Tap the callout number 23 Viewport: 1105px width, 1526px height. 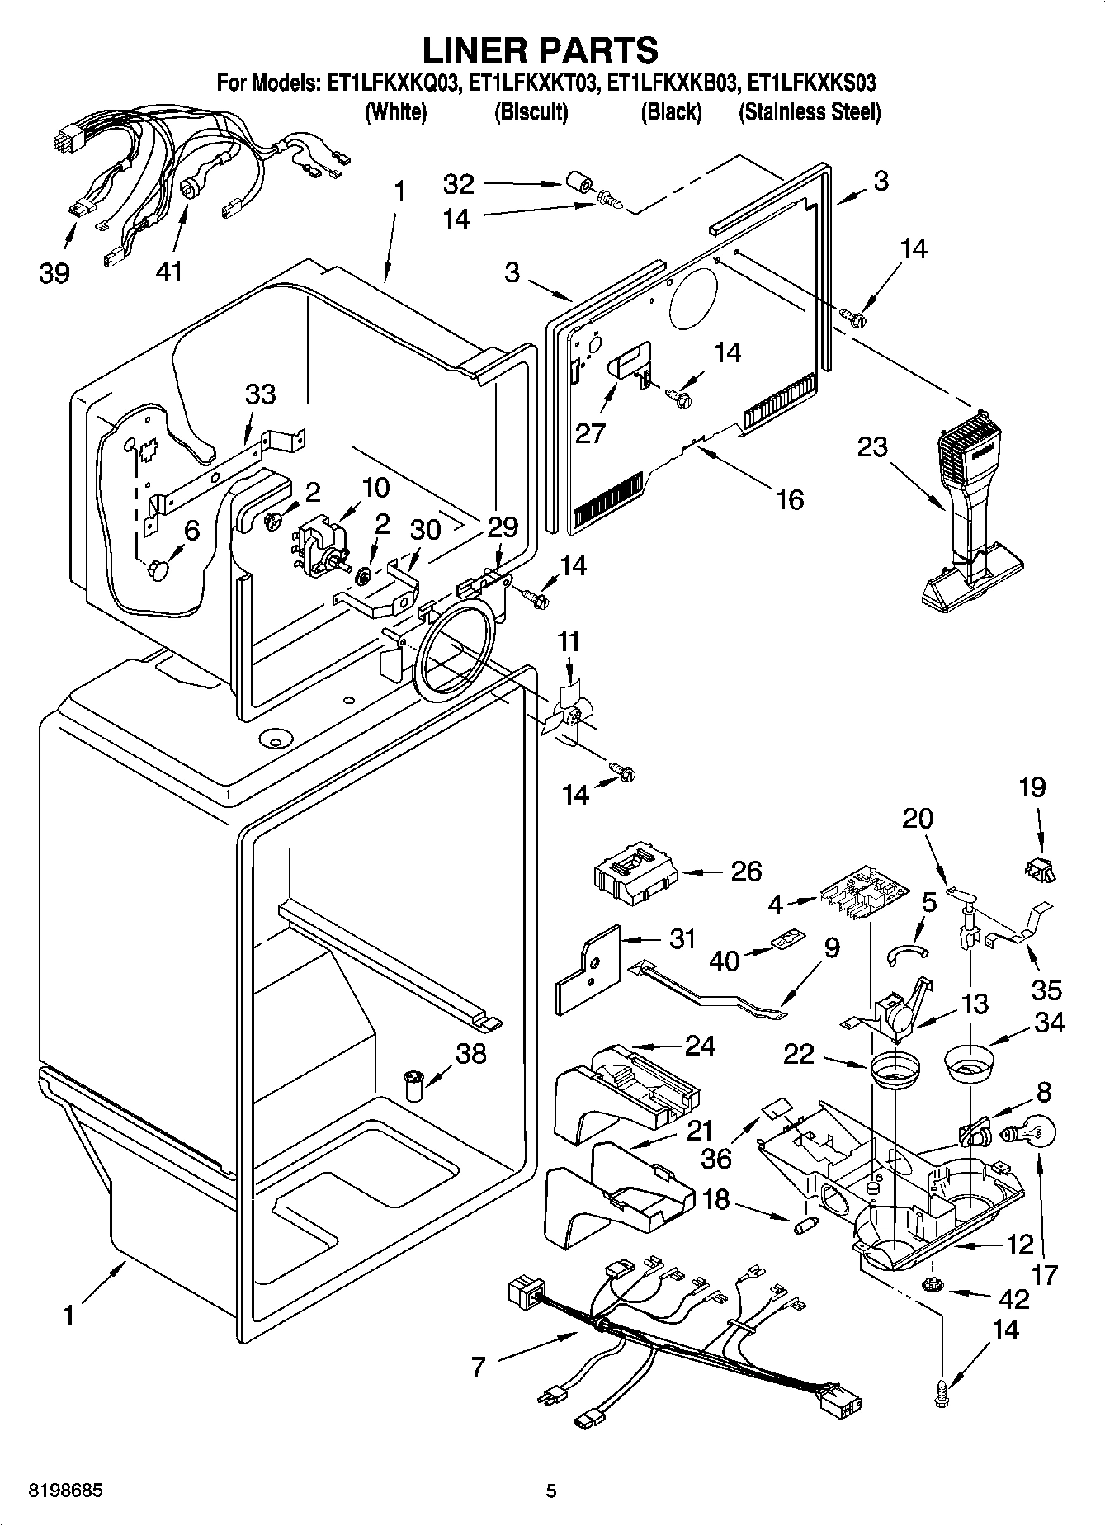(x=872, y=446)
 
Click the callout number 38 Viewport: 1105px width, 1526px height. (x=471, y=1053)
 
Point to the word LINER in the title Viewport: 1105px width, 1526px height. (x=475, y=50)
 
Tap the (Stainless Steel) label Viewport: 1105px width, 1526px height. (x=810, y=111)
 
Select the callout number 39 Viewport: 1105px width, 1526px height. (x=54, y=272)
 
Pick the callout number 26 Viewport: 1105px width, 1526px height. (x=746, y=872)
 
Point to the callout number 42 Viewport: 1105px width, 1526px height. (x=1014, y=1299)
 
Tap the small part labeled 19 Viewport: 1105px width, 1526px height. (x=1040, y=867)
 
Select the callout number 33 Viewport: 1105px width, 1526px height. (x=261, y=394)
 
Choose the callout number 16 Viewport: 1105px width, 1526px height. (x=790, y=499)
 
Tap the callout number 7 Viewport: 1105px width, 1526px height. (x=479, y=1367)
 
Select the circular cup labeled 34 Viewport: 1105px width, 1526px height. (x=968, y=1061)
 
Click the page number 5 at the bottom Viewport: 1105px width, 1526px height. (x=551, y=1491)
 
